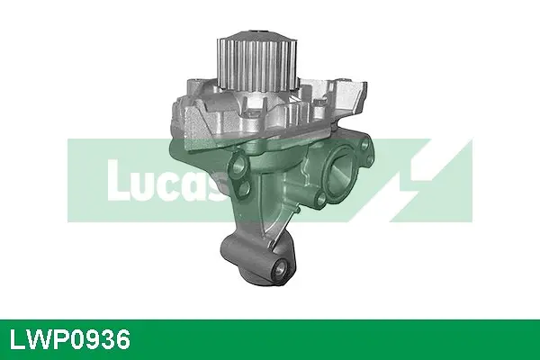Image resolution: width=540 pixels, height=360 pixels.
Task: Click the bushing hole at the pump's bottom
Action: (x=282, y=267)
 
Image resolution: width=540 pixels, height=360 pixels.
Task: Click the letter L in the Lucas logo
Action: (x=115, y=179)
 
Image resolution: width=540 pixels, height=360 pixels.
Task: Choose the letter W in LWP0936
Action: (x=37, y=340)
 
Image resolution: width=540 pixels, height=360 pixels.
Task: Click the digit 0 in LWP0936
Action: (x=78, y=340)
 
